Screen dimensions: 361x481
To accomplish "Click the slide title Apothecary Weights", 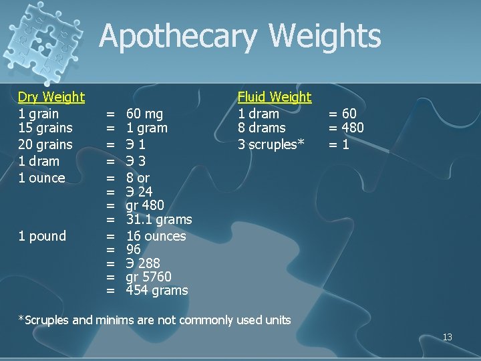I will pos(240,36).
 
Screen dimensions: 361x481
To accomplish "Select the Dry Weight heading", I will pos(51,98).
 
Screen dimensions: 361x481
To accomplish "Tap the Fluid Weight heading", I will pos(275,98).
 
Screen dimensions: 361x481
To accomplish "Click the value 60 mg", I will pos(144,114).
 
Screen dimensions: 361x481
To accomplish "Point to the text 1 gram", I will pos(147,128).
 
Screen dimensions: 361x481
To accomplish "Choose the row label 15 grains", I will pos(45,128).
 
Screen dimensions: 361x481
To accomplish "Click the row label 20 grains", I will pos(45,144).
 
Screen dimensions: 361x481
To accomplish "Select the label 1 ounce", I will pos(41,178).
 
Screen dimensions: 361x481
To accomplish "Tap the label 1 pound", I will pos(42,236).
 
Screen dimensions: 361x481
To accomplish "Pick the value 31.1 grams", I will pos(159,219).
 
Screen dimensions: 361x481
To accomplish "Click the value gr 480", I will pos(145,205).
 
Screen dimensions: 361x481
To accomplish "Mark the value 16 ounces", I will pos(156,236).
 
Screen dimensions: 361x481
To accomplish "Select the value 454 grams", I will pos(157,290).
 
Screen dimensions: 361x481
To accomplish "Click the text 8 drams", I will pos(262,128).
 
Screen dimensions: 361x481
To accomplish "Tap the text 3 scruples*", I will pos(271,144).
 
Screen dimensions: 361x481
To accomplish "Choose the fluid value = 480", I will pos(346,128).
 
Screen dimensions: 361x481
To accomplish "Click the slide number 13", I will pos(448,337).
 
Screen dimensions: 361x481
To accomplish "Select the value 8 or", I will pos(138,178).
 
